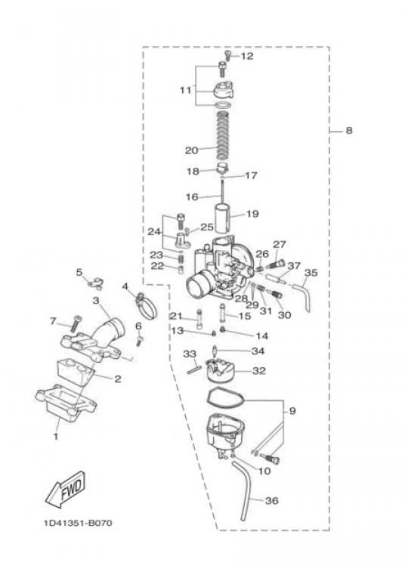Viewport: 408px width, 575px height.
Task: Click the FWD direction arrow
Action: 65,490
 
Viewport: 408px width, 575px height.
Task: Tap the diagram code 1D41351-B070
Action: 78,523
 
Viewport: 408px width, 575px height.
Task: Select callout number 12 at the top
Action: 247,56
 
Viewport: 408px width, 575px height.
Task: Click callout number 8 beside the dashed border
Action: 349,130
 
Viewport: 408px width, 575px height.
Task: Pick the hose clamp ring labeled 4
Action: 147,306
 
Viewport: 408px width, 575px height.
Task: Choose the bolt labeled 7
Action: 74,324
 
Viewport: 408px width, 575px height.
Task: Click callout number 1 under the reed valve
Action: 56,437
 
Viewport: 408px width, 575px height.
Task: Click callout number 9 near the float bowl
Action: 292,411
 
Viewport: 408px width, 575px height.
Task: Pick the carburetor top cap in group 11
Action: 223,91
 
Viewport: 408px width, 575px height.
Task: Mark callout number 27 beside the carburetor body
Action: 280,244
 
